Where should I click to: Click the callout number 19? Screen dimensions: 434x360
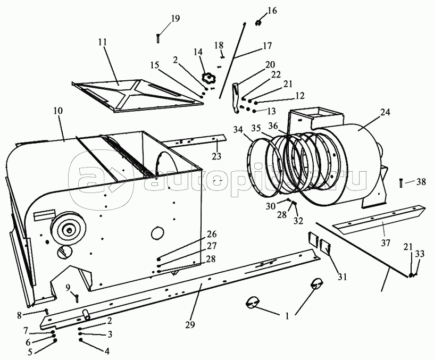(x=175, y=19)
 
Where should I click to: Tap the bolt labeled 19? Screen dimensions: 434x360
(x=158, y=38)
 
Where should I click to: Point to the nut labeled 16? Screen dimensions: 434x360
(x=258, y=23)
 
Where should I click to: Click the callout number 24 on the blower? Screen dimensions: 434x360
(x=385, y=112)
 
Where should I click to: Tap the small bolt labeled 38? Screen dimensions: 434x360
(x=401, y=183)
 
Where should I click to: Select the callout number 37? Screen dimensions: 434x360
(x=385, y=243)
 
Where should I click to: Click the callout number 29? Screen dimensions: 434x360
(x=190, y=324)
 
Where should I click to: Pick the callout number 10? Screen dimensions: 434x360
(x=58, y=111)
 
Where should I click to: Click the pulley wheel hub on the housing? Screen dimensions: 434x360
(x=68, y=229)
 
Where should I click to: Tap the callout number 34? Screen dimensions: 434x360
(x=238, y=129)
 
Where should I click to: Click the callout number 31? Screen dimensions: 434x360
(x=342, y=277)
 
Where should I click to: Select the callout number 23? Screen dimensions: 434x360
(x=216, y=156)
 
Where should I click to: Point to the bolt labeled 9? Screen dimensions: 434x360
(x=77, y=298)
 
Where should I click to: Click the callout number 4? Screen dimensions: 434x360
(x=107, y=351)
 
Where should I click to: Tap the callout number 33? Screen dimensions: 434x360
(x=420, y=254)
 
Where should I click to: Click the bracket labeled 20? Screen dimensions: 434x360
(x=235, y=98)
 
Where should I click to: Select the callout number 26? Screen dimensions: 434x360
(x=212, y=234)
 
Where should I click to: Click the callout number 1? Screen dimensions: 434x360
(x=287, y=316)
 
